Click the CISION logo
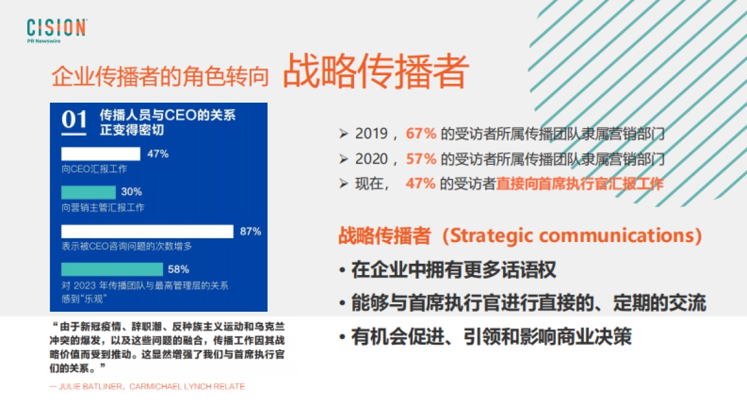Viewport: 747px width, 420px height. (x=56, y=29)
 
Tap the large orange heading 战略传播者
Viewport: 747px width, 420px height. (x=375, y=73)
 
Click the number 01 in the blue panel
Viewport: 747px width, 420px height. (x=74, y=119)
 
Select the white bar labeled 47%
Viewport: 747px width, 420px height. (x=101, y=154)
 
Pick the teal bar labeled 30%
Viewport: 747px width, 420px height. (x=88, y=192)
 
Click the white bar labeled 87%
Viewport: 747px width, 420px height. (x=147, y=231)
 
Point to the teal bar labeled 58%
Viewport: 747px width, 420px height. (x=111, y=269)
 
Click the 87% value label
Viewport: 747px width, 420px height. (x=250, y=231)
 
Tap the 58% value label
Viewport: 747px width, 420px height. (x=179, y=269)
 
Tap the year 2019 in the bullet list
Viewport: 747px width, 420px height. (x=372, y=134)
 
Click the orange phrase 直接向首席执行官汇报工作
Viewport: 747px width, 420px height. (x=580, y=184)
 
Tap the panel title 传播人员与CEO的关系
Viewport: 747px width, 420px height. (x=167, y=115)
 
